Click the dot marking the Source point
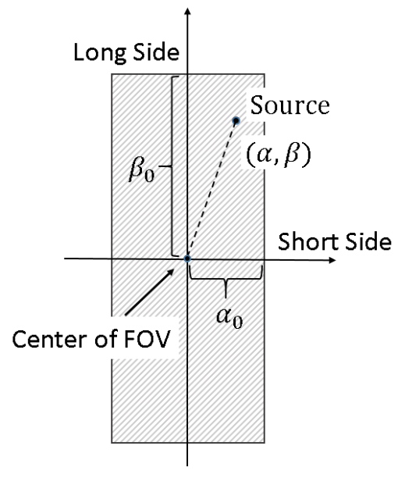pos(235,120)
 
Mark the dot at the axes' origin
pos(188,258)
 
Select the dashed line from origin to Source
pos(211,190)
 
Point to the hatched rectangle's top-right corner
pos(262,73)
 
